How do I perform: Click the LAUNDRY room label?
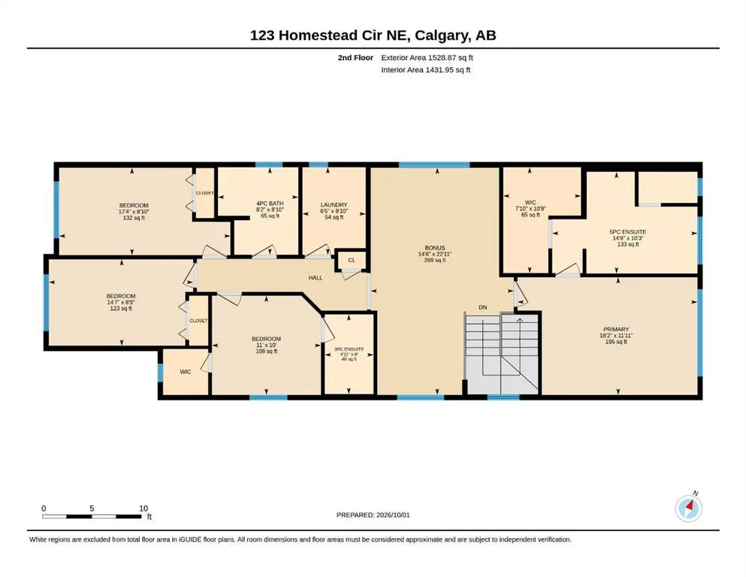tap(334, 204)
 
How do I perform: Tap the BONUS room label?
tap(435, 248)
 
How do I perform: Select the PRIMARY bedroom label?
tap(616, 329)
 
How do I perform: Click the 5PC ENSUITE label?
tap(627, 232)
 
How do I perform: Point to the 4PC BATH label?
tap(270, 203)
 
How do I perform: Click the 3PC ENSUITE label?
tap(349, 349)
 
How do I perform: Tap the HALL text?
tap(316, 278)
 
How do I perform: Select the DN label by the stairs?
tap(483, 307)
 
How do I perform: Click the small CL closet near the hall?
tap(352, 260)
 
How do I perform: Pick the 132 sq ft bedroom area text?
tap(134, 218)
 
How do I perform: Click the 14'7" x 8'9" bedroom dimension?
tap(121, 302)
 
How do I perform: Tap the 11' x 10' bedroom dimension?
tap(267, 345)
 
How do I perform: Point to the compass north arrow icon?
tap(688, 508)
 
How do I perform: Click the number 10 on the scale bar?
tap(143, 508)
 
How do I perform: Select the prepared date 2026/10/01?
tap(393, 515)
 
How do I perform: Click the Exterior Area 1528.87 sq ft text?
tap(427, 58)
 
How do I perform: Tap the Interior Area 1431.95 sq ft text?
tap(426, 69)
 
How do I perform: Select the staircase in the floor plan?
tap(502, 353)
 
